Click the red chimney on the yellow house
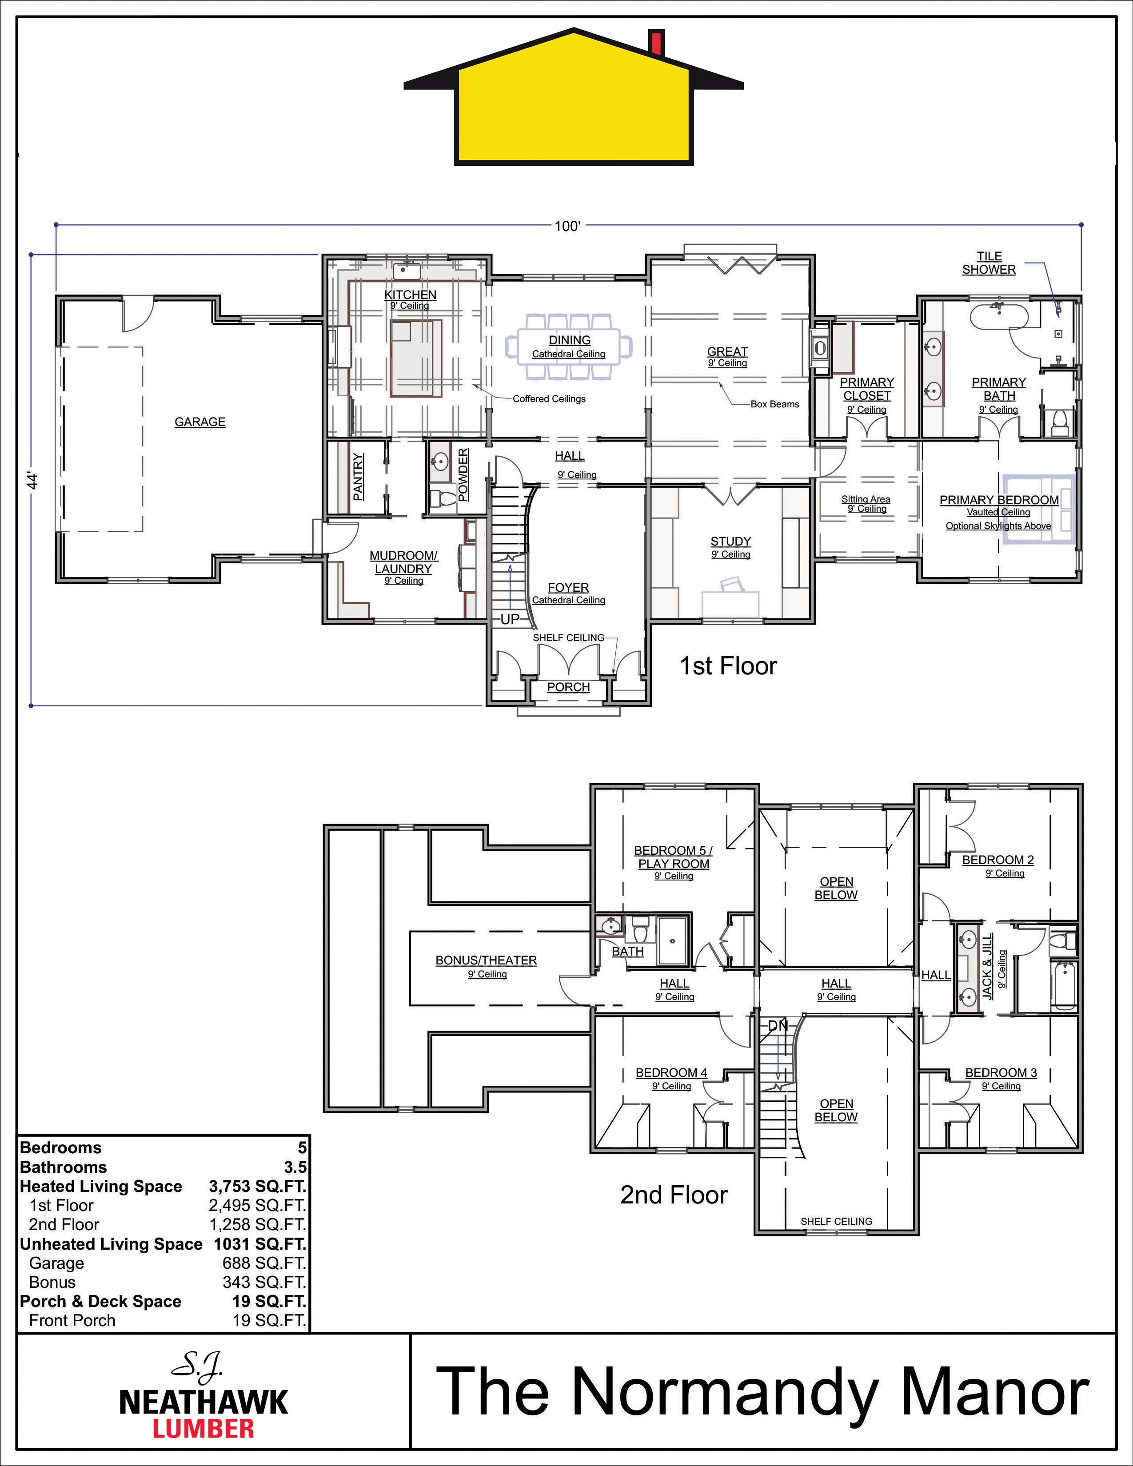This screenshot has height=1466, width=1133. click(x=656, y=42)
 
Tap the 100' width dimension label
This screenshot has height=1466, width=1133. click(x=567, y=226)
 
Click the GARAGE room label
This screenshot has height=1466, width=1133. click(x=200, y=422)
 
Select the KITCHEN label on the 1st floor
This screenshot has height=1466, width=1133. click(x=410, y=294)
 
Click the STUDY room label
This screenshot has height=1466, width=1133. click(x=730, y=541)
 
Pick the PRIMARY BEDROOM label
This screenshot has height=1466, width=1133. click(x=999, y=500)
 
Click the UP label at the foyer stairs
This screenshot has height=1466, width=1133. click(x=510, y=619)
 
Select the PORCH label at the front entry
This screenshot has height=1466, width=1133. click(x=569, y=687)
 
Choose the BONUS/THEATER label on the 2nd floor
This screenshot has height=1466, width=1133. click(x=486, y=960)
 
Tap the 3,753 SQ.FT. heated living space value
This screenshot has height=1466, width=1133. click(x=257, y=1186)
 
